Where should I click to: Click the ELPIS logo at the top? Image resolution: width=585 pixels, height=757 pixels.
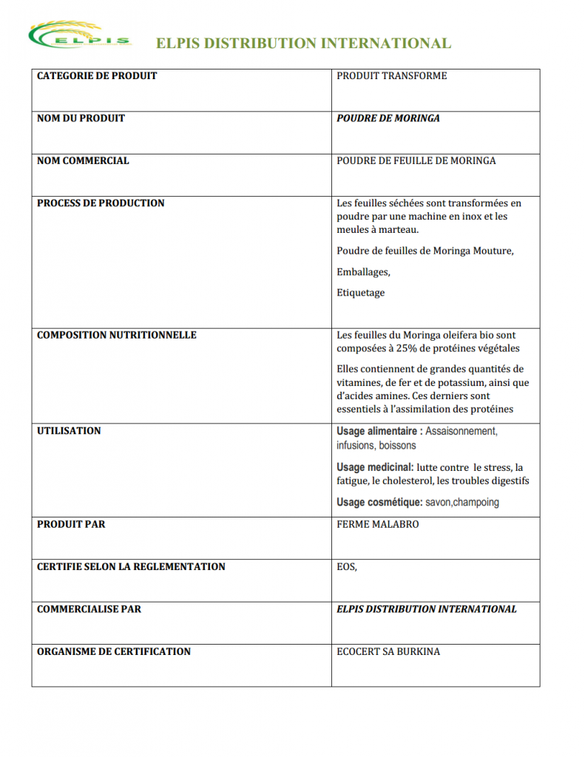tap(80, 37)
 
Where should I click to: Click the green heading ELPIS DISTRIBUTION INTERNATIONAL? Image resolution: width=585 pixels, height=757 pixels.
tap(303, 44)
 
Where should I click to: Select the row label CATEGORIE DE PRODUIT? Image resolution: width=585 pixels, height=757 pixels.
tap(97, 75)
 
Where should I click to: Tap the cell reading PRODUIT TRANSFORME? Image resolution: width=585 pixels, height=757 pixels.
tap(391, 75)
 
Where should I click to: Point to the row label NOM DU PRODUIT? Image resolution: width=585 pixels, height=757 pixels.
tap(81, 118)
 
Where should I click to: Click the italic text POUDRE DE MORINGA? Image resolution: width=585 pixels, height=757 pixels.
tap(388, 118)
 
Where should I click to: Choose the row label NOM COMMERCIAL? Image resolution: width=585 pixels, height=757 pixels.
tap(83, 160)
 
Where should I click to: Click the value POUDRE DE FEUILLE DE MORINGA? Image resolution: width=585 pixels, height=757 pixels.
tap(416, 160)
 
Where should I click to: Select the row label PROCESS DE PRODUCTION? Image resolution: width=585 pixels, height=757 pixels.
tap(101, 203)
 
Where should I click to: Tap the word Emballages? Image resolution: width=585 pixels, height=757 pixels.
tap(363, 272)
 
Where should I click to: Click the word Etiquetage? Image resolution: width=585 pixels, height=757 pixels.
tap(361, 293)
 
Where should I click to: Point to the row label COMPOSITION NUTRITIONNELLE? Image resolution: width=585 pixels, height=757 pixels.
tap(117, 335)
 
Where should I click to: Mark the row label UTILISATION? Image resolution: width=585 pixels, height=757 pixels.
tap(69, 431)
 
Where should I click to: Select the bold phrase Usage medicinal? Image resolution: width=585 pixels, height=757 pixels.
tap(375, 467)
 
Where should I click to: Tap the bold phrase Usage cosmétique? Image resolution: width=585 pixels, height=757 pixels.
tap(379, 503)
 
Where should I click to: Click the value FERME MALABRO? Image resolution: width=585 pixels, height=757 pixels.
tap(377, 524)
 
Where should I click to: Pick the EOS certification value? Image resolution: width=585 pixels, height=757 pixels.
tap(347, 567)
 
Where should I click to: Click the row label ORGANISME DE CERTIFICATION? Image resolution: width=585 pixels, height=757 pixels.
tap(114, 651)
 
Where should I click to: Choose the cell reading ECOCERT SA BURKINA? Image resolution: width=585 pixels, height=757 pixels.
tap(388, 651)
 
